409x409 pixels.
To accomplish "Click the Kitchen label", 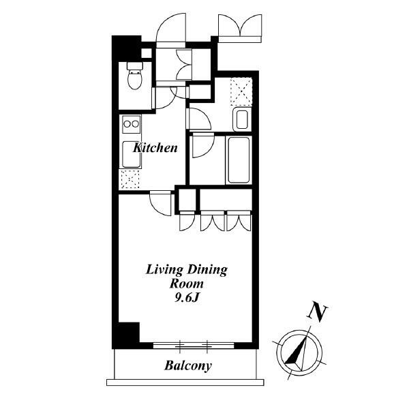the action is pos(155,148).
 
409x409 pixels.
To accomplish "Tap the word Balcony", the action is pos(188,365).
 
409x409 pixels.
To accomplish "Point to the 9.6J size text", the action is pos(187,298).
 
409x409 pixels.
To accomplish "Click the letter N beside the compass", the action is pos(318,313).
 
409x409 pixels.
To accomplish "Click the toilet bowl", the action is pos(135,76).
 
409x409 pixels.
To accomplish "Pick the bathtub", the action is pos(239,160).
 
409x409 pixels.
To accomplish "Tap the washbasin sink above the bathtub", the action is pos(242,120).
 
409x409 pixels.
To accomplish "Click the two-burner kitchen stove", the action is pos(131,124).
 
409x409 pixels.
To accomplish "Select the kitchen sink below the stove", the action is pos(132,155).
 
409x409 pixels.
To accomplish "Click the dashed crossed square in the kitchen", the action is pos(130,179).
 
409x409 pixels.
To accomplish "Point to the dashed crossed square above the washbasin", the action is pos(241,91).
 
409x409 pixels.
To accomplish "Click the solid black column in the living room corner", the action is pos(129,333).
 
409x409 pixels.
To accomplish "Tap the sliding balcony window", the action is pos(194,346).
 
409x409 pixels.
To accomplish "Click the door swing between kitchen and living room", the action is pos(161,203).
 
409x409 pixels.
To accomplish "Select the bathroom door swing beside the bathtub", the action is pos(202,146).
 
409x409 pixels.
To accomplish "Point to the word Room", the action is pos(186,284).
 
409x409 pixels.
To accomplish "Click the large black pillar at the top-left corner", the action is pos(126,48).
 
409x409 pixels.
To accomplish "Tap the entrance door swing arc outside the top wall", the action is pos(171,28).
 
